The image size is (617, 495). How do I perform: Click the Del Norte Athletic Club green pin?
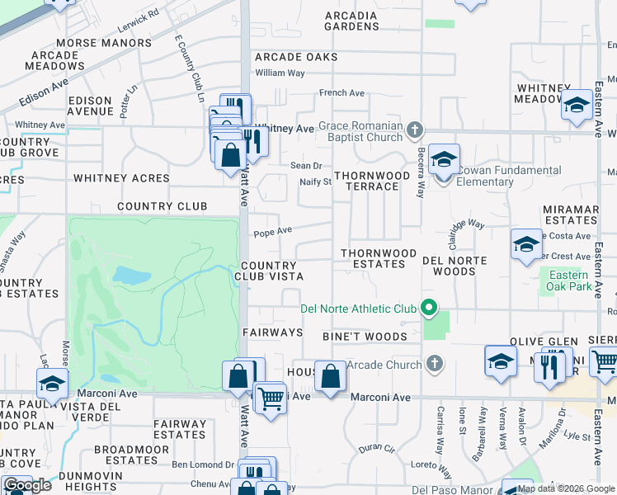click(428, 309)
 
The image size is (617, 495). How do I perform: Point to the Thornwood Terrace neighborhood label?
click(371, 181)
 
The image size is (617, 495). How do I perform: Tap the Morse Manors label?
click(104, 43)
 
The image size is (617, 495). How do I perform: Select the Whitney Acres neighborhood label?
click(121, 178)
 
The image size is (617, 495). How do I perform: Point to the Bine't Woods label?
click(365, 337)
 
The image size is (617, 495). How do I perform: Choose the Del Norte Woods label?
click(455, 266)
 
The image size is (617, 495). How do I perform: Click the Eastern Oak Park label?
click(569, 280)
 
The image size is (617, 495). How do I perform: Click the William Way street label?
click(280, 73)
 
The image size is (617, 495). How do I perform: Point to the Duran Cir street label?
click(378, 449)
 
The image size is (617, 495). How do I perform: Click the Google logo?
click(27, 486)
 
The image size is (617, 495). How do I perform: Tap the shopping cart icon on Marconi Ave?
click(270, 398)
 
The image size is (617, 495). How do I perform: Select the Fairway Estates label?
click(179, 429)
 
